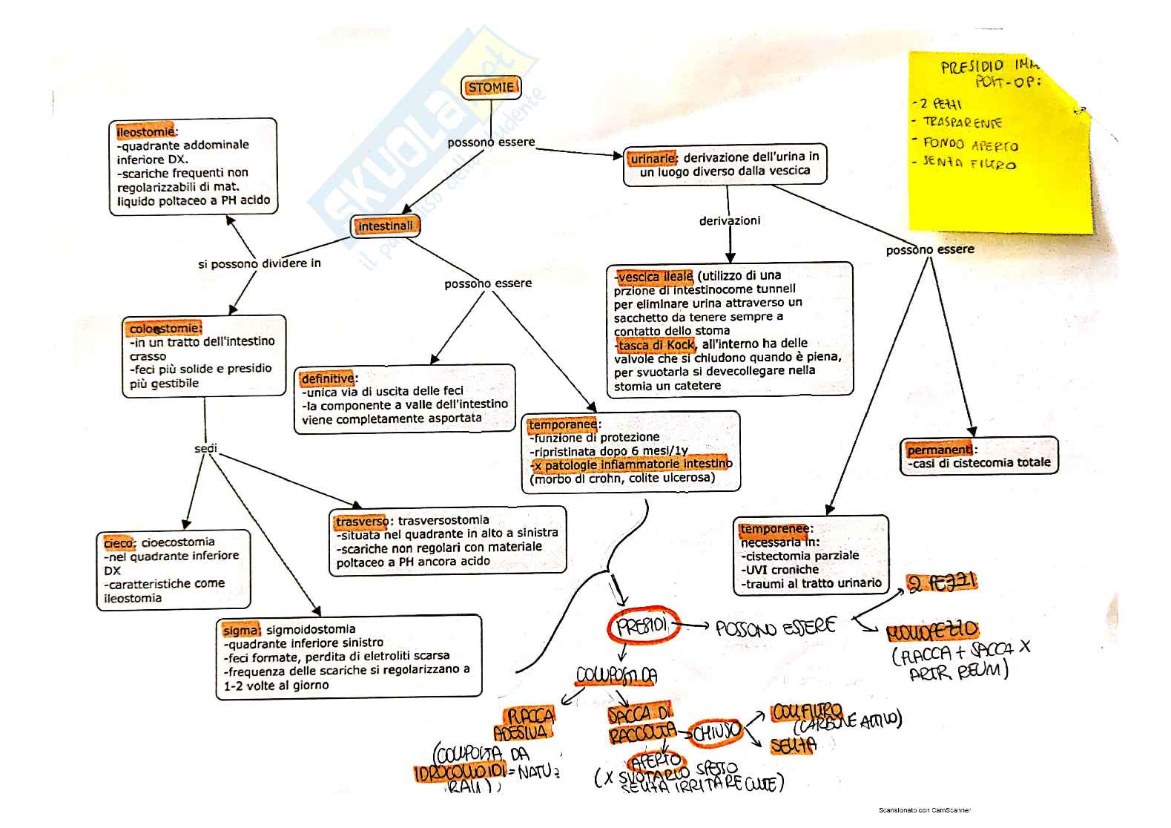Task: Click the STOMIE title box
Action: click(490, 88)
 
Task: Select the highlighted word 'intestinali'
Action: click(385, 226)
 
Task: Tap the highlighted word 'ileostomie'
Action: click(145, 132)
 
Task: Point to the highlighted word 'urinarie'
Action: click(653, 158)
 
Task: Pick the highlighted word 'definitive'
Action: click(328, 378)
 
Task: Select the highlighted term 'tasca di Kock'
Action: click(656, 345)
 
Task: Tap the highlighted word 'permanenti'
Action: click(940, 450)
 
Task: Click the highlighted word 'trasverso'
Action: click(361, 522)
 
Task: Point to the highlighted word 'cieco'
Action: click(119, 543)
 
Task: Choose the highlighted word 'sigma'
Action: click(241, 630)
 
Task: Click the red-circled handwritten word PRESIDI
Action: click(642, 626)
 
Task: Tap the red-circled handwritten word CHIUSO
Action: click(716, 732)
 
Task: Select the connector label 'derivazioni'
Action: click(730, 220)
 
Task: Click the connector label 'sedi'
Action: click(205, 448)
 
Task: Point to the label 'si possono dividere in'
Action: click(259, 263)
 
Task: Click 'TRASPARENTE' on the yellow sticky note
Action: click(962, 122)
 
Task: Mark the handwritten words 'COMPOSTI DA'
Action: click(616, 675)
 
